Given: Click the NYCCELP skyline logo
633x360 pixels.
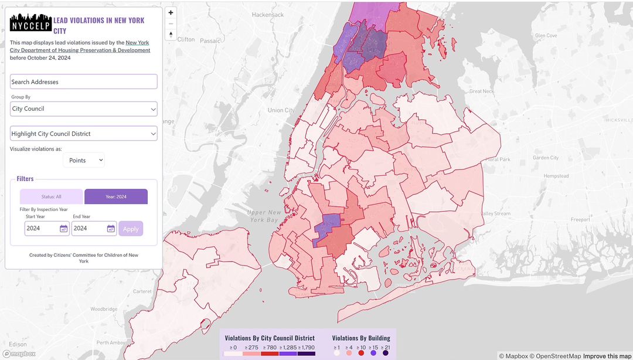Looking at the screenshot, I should (x=30, y=22).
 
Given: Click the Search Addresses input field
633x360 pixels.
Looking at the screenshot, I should (x=83, y=81).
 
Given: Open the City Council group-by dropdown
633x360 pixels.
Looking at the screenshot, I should (x=83, y=108).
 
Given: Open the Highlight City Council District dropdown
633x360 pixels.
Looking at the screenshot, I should (x=83, y=134).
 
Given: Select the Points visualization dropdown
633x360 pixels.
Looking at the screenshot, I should (x=84, y=160).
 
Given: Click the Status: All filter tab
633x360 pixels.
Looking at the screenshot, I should (x=52, y=197).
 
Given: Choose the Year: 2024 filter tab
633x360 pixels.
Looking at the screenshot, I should (x=116, y=197).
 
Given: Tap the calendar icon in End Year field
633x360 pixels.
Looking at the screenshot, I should (x=110, y=229).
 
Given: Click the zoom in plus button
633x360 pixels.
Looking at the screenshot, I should (x=171, y=12).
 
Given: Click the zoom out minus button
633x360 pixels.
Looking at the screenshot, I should (x=171, y=23).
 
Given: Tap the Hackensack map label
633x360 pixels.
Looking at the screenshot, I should (x=267, y=14).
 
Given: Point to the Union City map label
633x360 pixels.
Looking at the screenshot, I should (x=281, y=110).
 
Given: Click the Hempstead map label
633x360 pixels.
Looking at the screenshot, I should (x=556, y=176).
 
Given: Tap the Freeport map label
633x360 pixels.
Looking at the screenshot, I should (x=580, y=220).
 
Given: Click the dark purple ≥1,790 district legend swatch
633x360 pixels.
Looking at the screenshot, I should (x=307, y=354).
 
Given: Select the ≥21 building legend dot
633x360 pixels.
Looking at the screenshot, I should (x=386, y=354).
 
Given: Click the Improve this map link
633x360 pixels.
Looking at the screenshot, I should (x=607, y=356).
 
